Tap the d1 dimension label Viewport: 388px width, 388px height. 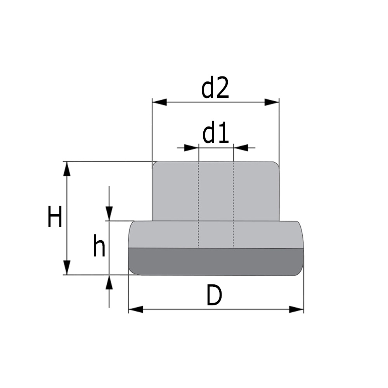(215, 133)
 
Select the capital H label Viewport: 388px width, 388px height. (55, 216)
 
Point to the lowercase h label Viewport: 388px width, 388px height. (99, 245)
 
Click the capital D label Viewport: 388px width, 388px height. (214, 295)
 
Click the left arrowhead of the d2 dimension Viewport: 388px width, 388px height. (159, 102)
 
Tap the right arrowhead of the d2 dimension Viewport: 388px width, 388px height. (272, 102)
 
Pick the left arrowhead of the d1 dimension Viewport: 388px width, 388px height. (192, 148)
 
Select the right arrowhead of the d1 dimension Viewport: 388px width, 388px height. (241, 148)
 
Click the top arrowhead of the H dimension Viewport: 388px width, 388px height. (67, 169)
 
